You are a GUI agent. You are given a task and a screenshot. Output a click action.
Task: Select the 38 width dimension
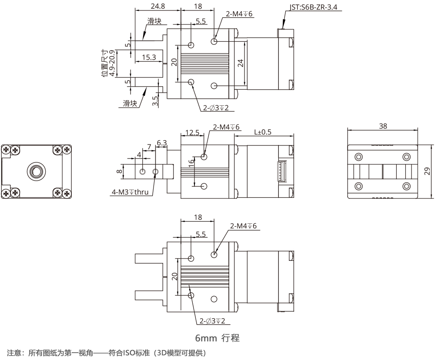click(x=383, y=126)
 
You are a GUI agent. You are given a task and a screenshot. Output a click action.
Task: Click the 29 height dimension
click(x=427, y=171)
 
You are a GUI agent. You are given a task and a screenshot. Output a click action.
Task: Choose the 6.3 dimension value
click(x=161, y=143)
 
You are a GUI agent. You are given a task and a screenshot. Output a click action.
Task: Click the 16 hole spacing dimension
click(x=191, y=165)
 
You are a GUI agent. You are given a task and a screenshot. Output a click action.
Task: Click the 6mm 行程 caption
click(x=217, y=337)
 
